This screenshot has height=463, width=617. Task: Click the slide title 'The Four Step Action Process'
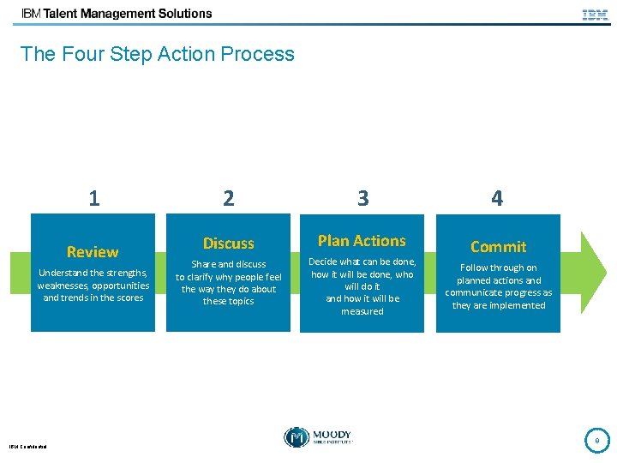click(x=157, y=54)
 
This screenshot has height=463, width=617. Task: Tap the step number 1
click(x=93, y=199)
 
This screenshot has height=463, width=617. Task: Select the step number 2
click(x=228, y=199)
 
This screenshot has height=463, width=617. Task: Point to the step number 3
click(x=362, y=199)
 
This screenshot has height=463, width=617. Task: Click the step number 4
click(x=497, y=199)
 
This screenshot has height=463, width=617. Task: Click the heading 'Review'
click(x=93, y=252)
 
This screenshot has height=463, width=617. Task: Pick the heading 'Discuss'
click(x=228, y=244)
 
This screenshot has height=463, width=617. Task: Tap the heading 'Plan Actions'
click(x=362, y=241)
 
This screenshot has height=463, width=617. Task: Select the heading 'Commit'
click(x=498, y=247)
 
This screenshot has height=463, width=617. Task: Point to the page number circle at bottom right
click(x=596, y=440)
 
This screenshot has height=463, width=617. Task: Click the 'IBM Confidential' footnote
click(x=28, y=446)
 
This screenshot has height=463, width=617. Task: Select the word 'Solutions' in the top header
click(x=181, y=14)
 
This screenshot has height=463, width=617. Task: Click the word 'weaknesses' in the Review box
click(x=63, y=286)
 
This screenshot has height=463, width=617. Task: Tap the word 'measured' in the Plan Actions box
click(x=362, y=311)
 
